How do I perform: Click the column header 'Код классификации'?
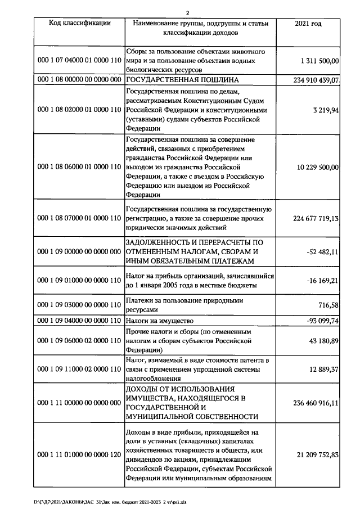click(x=79, y=23)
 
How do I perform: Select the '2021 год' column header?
click(x=308, y=23)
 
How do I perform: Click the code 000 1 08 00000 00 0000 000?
click(x=79, y=80)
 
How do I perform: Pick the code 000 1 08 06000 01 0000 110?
click(x=79, y=167)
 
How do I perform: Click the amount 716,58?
click(x=327, y=304)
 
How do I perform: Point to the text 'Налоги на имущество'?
click(x=160, y=320)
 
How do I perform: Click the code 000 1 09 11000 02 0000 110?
click(x=79, y=368)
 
